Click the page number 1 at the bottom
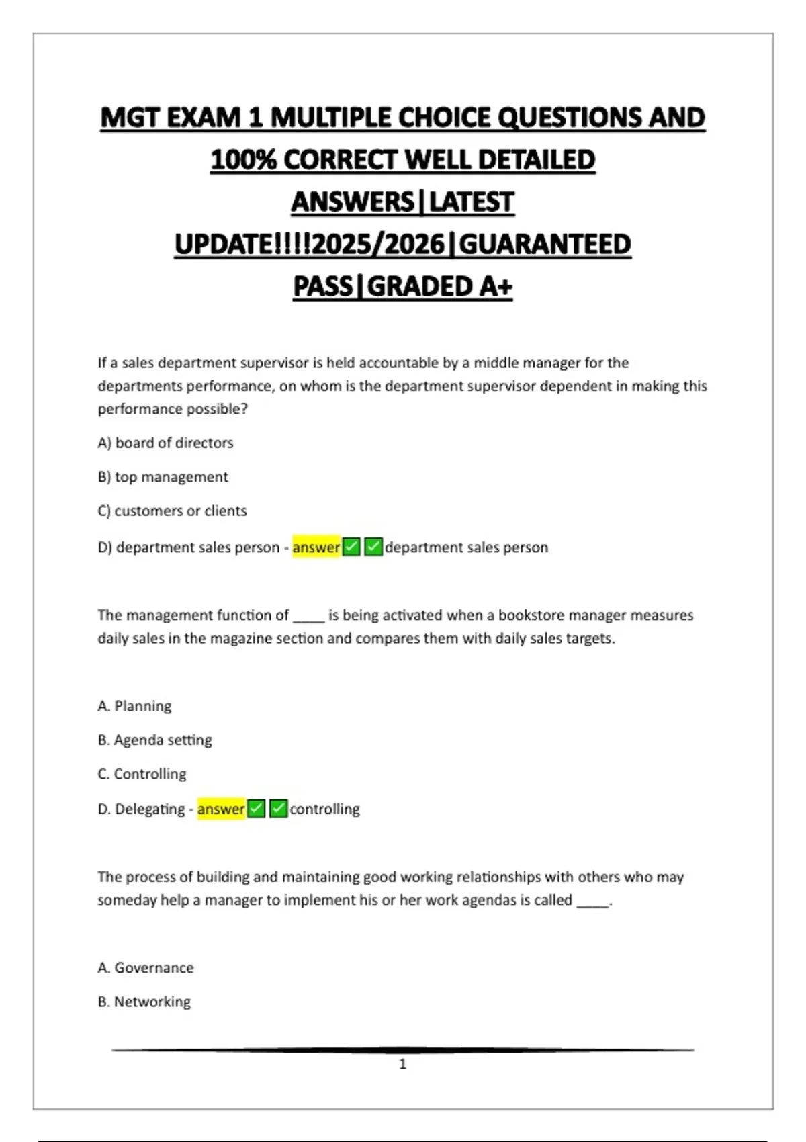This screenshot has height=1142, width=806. (402, 1064)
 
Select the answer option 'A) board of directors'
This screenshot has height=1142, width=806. (165, 443)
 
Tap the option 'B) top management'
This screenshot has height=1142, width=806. (163, 477)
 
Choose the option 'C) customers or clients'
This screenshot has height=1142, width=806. (172, 511)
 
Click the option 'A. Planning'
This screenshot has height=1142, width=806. (134, 706)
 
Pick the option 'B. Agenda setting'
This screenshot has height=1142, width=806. (154, 740)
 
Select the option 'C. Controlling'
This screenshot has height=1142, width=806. (142, 774)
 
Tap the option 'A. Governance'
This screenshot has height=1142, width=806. (145, 968)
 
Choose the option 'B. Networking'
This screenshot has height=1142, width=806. (144, 1002)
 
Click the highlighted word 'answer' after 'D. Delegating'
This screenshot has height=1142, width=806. (221, 809)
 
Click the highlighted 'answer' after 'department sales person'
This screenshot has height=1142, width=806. (316, 547)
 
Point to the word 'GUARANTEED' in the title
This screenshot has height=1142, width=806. (545, 245)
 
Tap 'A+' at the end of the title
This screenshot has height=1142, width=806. (496, 287)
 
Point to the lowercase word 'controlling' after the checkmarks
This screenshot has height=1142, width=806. (324, 809)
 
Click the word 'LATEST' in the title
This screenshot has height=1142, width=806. (472, 202)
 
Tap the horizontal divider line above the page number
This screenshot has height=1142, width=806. (402, 1049)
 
